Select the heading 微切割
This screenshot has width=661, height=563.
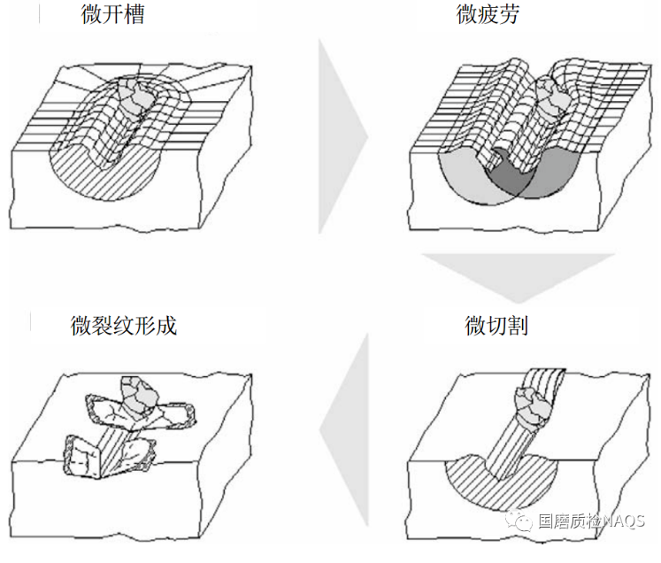(x=496, y=325)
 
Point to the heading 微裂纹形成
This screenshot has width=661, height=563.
(x=124, y=325)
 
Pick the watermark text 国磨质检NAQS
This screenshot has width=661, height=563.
(x=591, y=521)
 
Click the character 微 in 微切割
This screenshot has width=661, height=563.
(x=475, y=325)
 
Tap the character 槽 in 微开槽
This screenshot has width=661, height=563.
(x=135, y=15)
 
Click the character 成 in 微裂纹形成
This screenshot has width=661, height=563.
(x=166, y=325)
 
